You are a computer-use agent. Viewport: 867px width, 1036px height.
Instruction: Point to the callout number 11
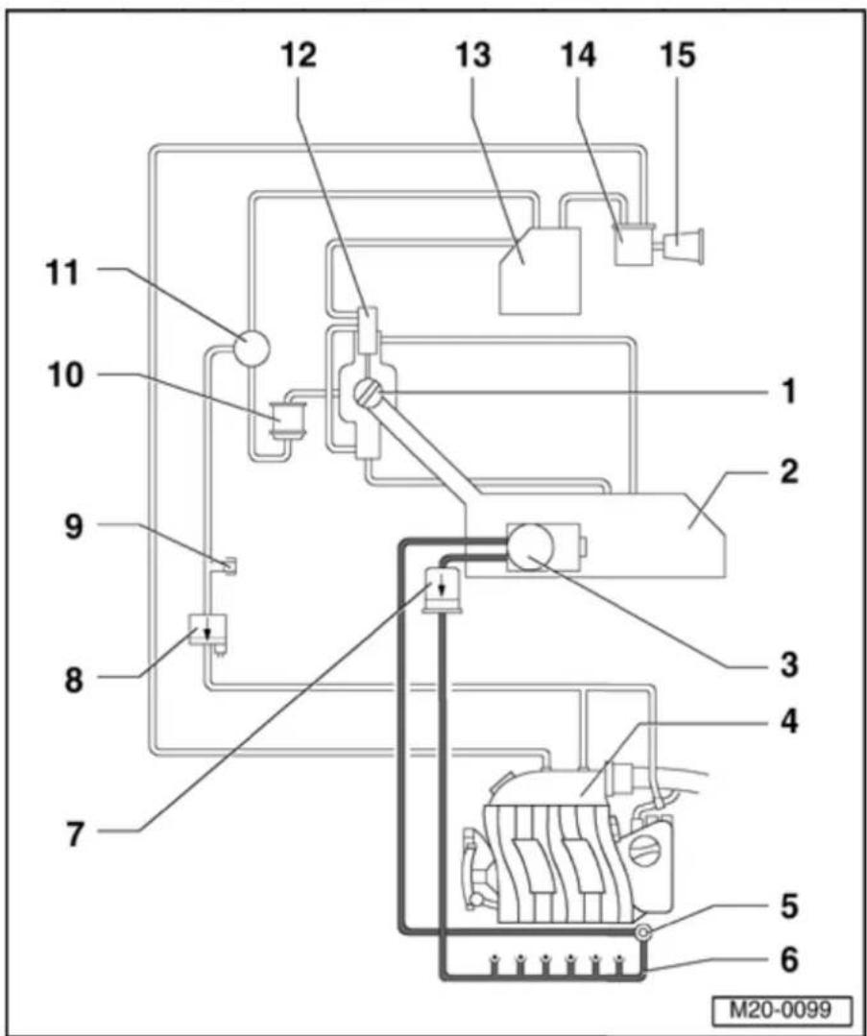(x=61, y=273)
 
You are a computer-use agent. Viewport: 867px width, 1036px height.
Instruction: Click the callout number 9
(x=74, y=527)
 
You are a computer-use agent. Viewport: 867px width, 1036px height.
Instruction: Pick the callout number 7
(x=75, y=834)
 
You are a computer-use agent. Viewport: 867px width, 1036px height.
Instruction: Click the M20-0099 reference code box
(x=783, y=1010)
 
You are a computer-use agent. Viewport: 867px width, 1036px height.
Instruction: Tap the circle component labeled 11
(x=252, y=348)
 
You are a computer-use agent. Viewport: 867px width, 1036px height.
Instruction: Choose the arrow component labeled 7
(x=442, y=589)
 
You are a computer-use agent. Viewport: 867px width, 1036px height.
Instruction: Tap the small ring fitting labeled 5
(x=642, y=931)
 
